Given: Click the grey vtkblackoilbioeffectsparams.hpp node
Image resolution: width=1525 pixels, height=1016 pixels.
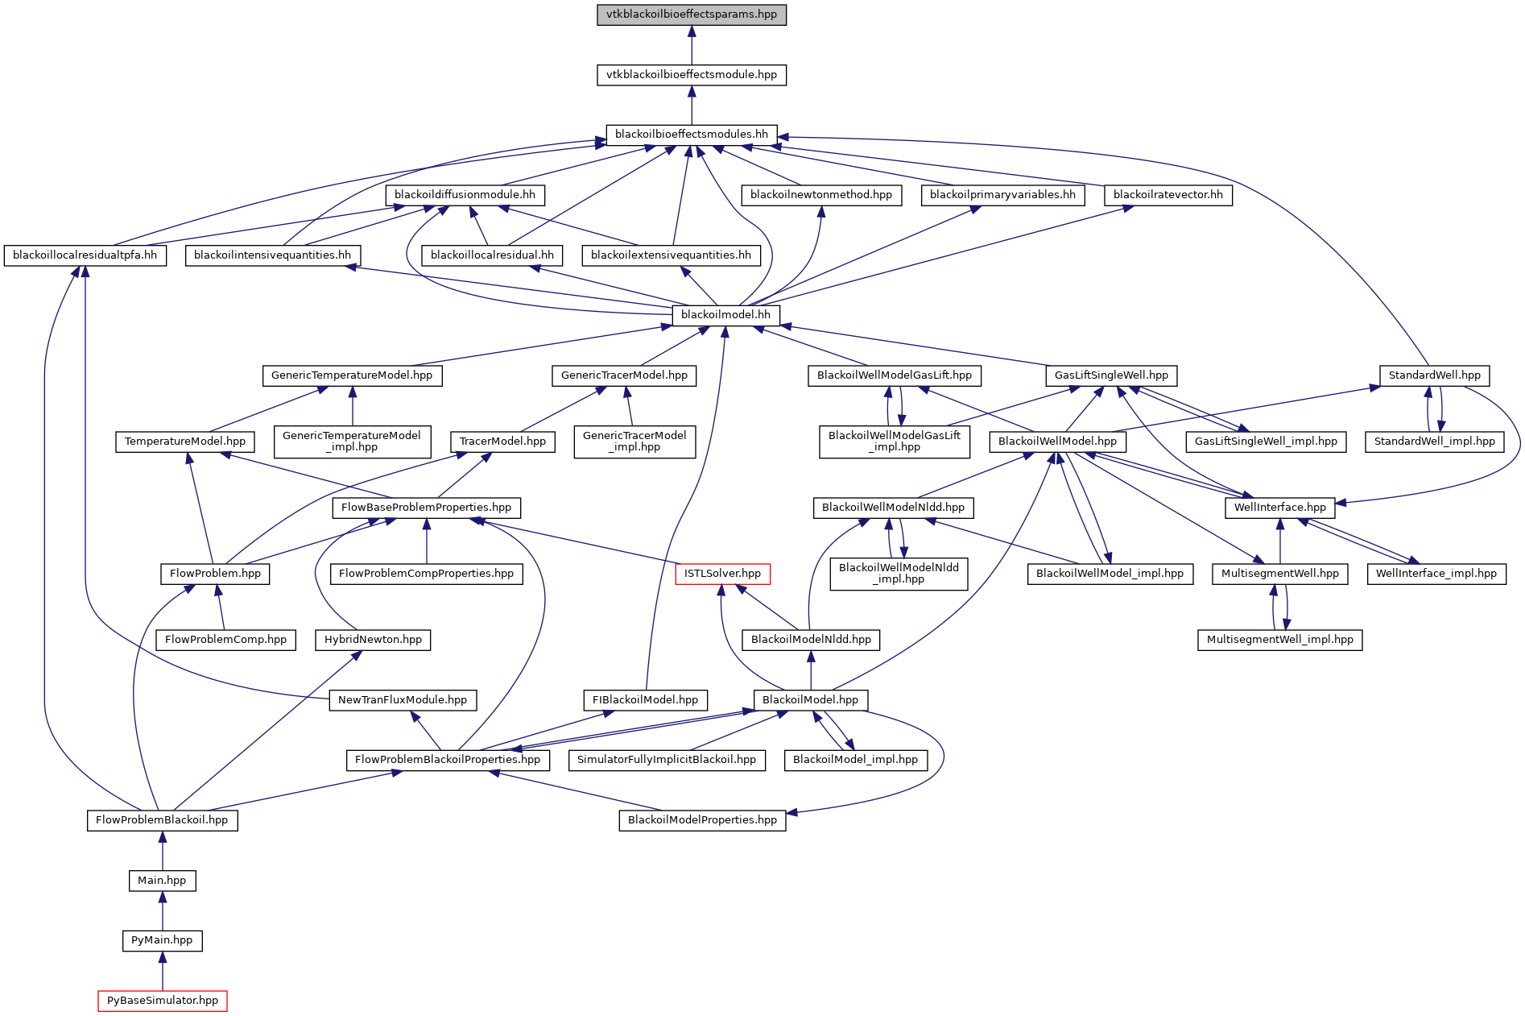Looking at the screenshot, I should click(691, 15).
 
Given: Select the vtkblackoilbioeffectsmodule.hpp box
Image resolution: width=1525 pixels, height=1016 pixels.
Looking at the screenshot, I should click(691, 74).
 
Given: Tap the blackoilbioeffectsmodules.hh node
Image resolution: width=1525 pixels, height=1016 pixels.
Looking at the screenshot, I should click(691, 134).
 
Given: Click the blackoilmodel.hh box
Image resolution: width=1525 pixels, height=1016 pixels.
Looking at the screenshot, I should click(725, 314).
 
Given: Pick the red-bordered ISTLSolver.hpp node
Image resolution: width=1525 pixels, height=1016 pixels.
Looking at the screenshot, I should click(722, 573).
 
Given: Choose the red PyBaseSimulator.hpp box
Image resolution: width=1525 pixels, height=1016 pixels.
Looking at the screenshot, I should click(163, 1000).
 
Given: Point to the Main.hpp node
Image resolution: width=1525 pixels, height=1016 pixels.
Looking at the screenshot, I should click(162, 880).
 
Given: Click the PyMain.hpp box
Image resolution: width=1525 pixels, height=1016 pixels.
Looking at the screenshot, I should click(162, 939).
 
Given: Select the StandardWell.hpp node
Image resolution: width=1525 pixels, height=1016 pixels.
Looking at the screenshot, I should click(1434, 375).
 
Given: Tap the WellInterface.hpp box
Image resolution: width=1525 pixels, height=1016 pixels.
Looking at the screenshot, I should click(1279, 507).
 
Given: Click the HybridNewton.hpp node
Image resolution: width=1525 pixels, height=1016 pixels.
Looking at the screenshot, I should click(373, 639).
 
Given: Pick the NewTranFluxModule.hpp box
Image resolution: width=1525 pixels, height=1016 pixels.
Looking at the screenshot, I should click(403, 699).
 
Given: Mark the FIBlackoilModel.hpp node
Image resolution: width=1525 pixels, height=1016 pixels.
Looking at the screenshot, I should click(645, 699).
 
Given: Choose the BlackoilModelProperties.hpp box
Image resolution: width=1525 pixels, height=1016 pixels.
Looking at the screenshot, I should click(702, 819).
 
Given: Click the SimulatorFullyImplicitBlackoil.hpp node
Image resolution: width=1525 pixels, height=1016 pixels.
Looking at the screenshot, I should click(667, 759).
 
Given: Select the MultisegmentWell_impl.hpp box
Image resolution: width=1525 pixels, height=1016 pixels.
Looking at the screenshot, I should click(1279, 639).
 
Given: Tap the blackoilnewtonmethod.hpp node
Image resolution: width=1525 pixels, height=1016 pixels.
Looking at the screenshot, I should click(820, 194).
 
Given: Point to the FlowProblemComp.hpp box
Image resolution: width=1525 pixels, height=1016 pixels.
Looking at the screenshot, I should click(225, 639).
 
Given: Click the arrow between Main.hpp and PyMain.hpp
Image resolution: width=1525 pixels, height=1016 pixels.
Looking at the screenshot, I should click(163, 910).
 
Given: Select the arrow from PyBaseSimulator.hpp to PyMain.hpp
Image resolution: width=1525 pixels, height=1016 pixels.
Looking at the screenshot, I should click(163, 970).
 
